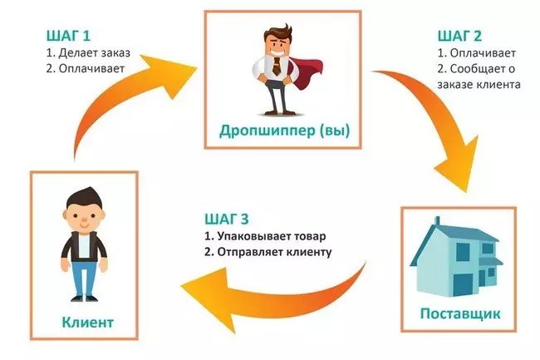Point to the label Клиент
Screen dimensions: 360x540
point(87,322)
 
